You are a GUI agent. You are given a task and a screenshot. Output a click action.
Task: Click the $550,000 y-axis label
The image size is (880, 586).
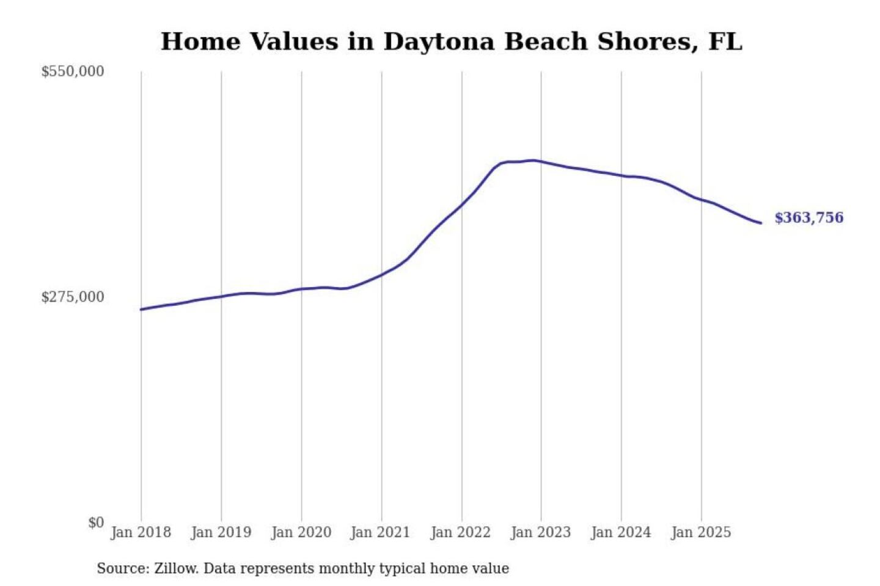73,71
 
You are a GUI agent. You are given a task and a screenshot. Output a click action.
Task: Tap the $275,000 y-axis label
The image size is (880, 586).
73,297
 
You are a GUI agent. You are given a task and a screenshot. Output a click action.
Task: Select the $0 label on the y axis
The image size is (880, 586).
96,523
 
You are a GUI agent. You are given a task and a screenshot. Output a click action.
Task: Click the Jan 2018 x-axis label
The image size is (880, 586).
141,532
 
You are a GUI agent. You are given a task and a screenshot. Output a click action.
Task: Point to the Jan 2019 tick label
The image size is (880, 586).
221,532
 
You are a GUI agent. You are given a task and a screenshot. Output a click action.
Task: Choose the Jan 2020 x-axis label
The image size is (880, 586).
301,532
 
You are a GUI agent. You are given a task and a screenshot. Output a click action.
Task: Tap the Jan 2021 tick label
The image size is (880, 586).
380,532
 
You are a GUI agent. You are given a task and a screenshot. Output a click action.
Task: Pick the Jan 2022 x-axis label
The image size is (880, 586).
460,532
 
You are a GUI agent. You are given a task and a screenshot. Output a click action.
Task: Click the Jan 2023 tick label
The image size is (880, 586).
540,532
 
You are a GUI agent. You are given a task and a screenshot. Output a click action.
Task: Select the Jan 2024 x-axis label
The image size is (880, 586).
620,532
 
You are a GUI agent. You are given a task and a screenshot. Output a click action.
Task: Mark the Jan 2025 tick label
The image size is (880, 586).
700,532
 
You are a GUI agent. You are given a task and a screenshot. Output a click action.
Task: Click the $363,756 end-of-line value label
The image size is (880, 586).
809,218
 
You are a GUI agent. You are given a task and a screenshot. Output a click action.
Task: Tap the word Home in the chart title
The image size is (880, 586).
200,42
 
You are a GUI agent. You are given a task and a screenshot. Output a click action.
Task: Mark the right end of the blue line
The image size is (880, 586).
761,223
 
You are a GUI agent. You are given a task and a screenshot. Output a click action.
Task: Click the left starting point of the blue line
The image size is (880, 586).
141,309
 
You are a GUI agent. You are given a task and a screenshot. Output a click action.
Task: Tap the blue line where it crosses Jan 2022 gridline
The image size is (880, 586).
462,204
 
